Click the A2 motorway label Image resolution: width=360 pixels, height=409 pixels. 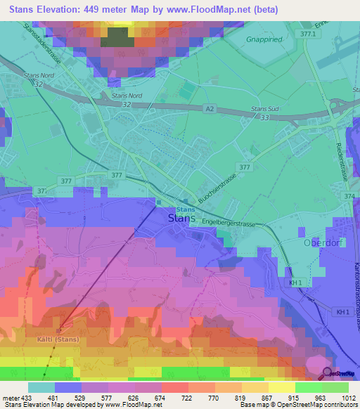210,108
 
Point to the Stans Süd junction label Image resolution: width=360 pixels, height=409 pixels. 266,110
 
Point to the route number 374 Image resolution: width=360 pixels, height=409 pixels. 350,197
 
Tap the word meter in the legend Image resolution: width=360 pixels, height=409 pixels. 11,397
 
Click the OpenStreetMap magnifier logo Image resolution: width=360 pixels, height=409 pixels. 327,373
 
